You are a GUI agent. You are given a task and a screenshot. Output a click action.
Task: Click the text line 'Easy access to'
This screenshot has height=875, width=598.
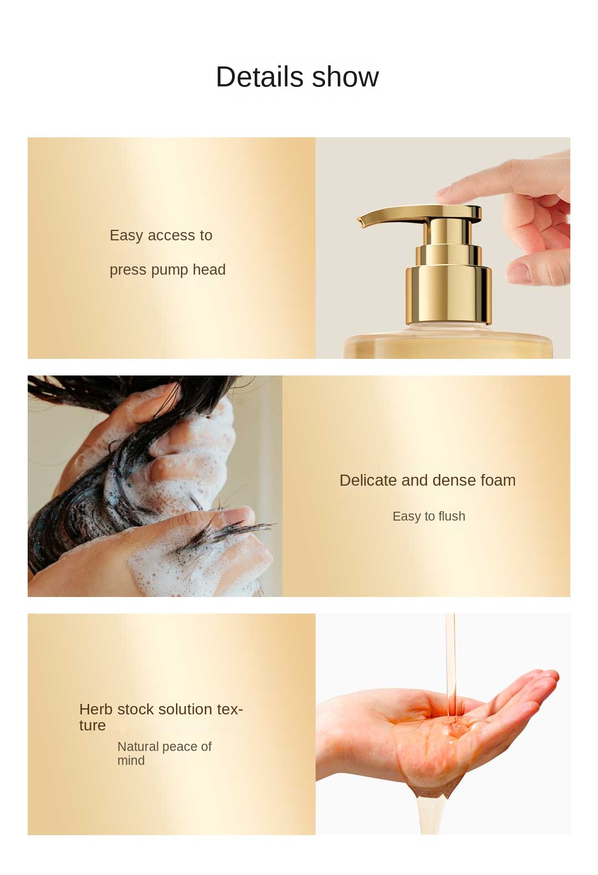[x=161, y=235]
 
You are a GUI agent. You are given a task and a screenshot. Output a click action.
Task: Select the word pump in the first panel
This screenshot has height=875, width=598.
[x=169, y=270]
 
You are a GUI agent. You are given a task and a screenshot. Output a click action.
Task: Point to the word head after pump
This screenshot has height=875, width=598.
[x=209, y=270]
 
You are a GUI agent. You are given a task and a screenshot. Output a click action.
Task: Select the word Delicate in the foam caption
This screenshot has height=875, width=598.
[x=368, y=480]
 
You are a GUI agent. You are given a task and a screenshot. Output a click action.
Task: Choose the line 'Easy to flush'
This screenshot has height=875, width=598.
[x=429, y=516]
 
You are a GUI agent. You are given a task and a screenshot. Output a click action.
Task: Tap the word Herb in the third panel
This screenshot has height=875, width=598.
[x=96, y=709]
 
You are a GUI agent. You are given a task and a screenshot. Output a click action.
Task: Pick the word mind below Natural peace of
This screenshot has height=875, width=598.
[x=131, y=760]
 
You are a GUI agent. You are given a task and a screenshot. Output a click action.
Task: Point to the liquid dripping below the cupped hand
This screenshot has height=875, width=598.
[x=429, y=809]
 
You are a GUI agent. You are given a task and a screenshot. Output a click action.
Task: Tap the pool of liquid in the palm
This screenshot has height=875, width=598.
[x=454, y=725]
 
